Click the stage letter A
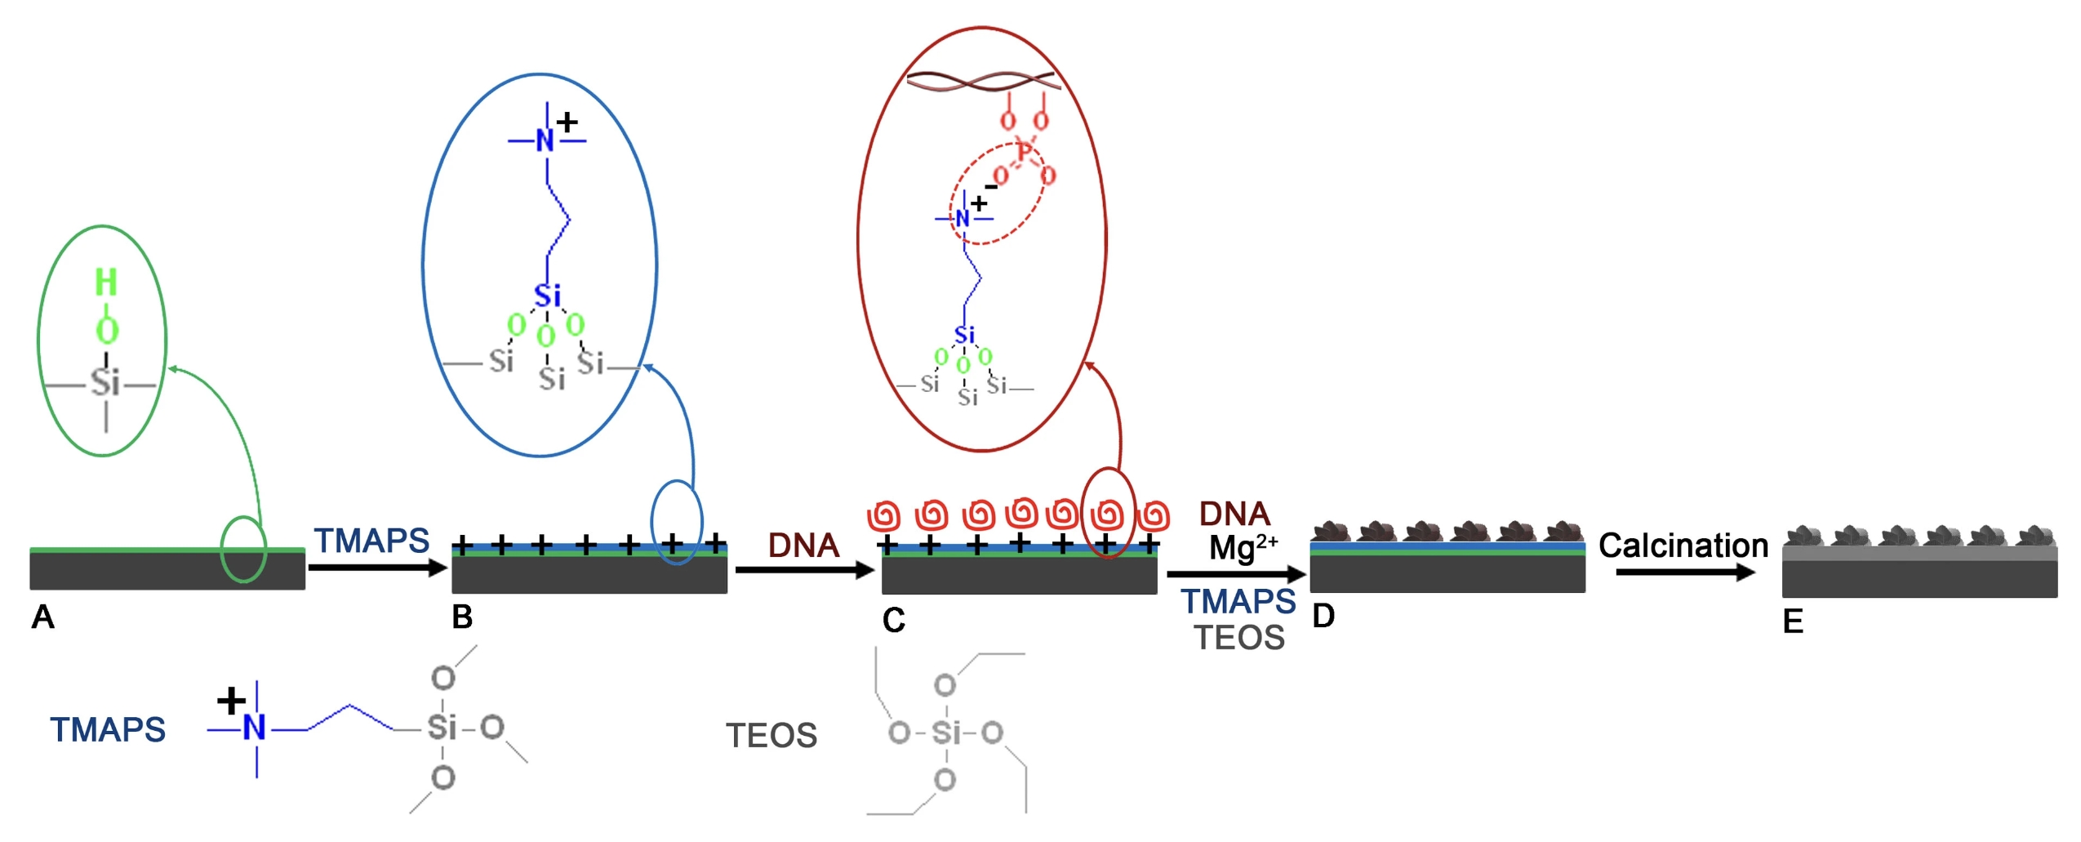coord(42,617)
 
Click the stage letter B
coord(462,617)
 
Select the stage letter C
coord(893,621)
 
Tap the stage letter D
coord(1323,616)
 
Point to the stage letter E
coord(1793,622)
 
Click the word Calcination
coord(1683,546)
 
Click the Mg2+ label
coord(1242,546)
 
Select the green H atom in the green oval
coord(106,283)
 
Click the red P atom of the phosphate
coord(1024,152)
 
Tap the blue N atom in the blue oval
coord(545,141)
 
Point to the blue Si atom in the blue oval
coord(547,296)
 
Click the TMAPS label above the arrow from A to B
coord(371,541)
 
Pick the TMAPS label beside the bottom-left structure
coord(108,730)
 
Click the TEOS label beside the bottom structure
coord(771,736)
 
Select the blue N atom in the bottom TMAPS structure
coord(255,727)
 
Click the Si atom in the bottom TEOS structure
coord(946,733)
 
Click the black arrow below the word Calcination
coord(1684,572)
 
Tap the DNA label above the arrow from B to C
coord(803,546)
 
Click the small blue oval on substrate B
coord(676,522)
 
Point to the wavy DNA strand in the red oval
coord(983,81)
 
